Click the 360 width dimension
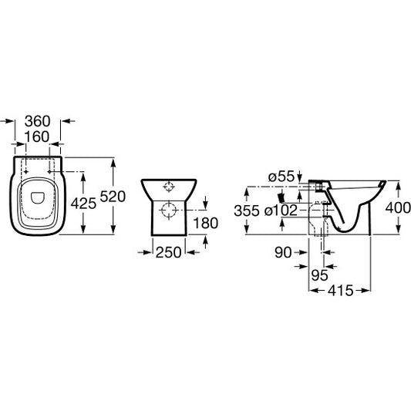(x=37, y=121)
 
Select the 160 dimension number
(x=36, y=136)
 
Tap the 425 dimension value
(x=83, y=204)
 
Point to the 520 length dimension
(x=113, y=197)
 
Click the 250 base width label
(x=169, y=252)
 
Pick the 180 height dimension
(x=205, y=224)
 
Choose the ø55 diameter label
(x=281, y=177)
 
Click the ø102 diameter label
(x=281, y=211)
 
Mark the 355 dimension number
(x=247, y=211)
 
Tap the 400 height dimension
(x=398, y=208)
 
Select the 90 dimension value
(x=283, y=253)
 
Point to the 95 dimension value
(x=319, y=275)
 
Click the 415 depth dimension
(x=341, y=291)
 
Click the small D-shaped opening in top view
(x=37, y=198)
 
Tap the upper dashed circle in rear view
(x=169, y=187)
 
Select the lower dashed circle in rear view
(x=169, y=211)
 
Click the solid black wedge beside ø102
(x=281, y=198)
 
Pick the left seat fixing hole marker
(x=25, y=172)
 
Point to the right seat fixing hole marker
(x=49, y=172)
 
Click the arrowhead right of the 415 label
(x=366, y=291)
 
